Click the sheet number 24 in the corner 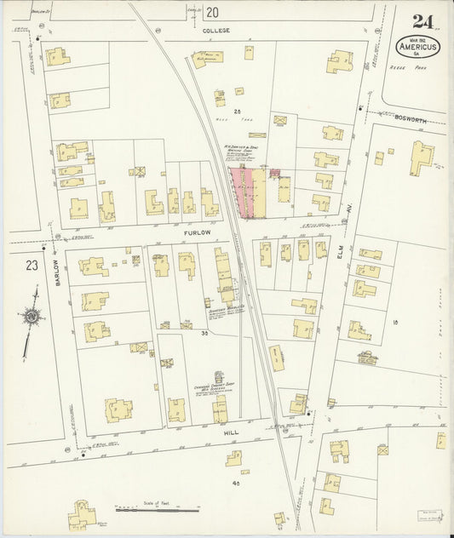pos(421,20)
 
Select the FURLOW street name pos(196,231)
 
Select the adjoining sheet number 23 pos(32,266)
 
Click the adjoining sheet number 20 pos(211,12)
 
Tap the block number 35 pos(204,334)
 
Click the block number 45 pos(234,483)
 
